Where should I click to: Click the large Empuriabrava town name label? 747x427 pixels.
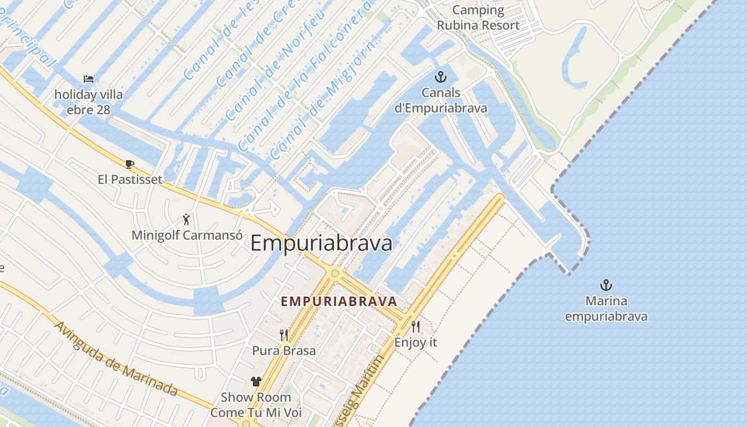(321, 243)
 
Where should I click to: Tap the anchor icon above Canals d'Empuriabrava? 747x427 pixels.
(440, 77)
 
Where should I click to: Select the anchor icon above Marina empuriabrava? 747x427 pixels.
(606, 285)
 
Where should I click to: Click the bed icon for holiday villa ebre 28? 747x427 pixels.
(89, 79)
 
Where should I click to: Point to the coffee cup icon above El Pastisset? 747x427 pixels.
(129, 164)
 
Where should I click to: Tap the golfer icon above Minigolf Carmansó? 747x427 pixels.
(186, 219)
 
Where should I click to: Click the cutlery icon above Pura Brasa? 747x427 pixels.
(284, 335)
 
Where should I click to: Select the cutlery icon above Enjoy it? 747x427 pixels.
(416, 326)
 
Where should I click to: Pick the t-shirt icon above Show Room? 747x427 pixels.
(256, 381)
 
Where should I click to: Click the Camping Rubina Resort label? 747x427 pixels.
(478, 18)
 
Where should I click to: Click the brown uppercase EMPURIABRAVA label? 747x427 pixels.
(339, 302)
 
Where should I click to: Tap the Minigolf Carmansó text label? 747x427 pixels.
(187, 235)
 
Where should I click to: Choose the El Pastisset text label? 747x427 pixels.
(130, 179)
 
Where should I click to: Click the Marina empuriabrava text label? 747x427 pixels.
(606, 309)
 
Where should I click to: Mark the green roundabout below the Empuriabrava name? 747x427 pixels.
(335, 273)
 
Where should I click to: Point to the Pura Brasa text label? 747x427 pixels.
(284, 351)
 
